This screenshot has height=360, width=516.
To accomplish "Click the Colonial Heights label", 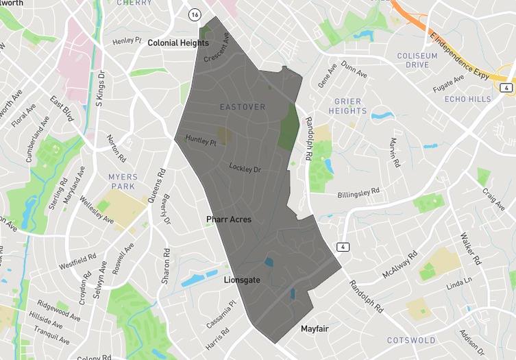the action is pyautogui.click(x=178, y=43).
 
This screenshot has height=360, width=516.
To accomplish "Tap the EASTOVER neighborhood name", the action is pyautogui.click(x=243, y=108).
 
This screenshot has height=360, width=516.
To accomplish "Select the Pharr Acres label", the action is pyautogui.click(x=229, y=219).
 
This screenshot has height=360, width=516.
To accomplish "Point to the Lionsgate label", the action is pyautogui.click(x=242, y=280).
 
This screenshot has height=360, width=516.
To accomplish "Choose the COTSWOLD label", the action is pyautogui.click(x=411, y=340).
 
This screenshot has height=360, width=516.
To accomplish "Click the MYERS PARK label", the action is pyautogui.click(x=123, y=182).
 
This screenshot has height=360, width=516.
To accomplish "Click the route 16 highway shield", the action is pyautogui.click(x=196, y=14).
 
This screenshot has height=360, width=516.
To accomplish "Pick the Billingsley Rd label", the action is pyautogui.click(x=363, y=194).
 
